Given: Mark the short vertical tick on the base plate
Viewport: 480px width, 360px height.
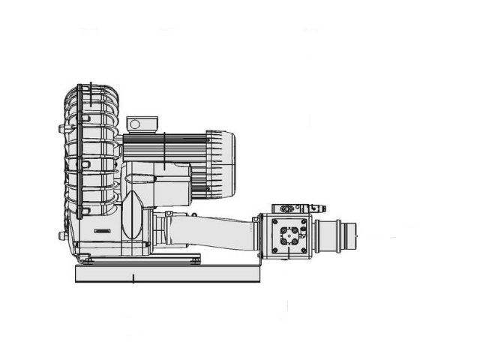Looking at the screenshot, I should [x=133, y=279].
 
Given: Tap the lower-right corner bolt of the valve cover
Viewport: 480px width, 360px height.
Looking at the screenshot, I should [x=304, y=250].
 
